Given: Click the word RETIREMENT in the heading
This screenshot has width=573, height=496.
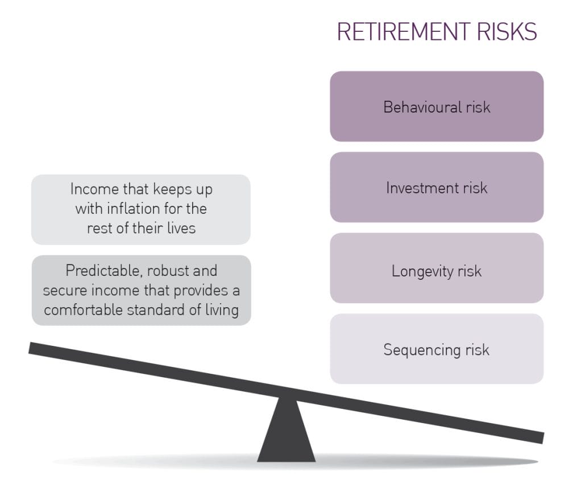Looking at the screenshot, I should coord(398,32).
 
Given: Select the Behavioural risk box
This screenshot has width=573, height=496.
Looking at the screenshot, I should coord(437,106).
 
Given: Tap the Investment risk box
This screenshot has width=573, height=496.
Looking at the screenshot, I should coord(437,187).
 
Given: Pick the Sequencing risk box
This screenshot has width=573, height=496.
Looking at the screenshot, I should coord(437,349).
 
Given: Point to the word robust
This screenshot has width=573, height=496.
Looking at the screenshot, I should coord(164,270).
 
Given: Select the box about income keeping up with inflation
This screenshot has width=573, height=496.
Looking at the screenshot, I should coord(141,209).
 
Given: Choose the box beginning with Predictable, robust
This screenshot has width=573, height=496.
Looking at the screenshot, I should coord(141,290).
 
